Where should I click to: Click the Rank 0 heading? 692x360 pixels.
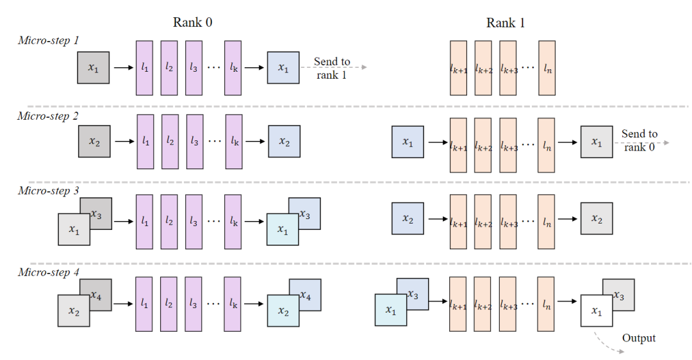pyautogui.click(x=192, y=22)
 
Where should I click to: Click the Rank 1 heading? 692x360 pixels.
pyautogui.click(x=505, y=23)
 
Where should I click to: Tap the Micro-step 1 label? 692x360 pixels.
pyautogui.click(x=49, y=40)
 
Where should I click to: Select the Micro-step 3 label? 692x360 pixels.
pyautogui.click(x=49, y=190)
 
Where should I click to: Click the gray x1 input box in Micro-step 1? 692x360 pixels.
pyautogui.click(x=94, y=67)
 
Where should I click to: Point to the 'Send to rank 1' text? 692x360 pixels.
pyautogui.click(x=332, y=68)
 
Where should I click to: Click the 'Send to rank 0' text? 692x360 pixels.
pyautogui.click(x=639, y=140)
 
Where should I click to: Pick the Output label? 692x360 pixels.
pyautogui.click(x=639, y=338)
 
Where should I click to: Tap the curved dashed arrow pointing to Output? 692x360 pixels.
pyautogui.click(x=607, y=342)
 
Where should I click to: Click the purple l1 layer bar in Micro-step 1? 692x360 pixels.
pyautogui.click(x=145, y=68)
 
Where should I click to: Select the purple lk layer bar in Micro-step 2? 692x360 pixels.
pyautogui.click(x=234, y=142)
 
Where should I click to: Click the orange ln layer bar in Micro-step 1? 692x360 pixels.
pyautogui.click(x=547, y=68)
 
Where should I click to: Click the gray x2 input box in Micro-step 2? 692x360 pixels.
pyautogui.click(x=94, y=142)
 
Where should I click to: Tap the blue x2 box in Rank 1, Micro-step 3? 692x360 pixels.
pyautogui.click(x=408, y=218)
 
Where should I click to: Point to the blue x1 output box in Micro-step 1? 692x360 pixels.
pyautogui.click(x=283, y=67)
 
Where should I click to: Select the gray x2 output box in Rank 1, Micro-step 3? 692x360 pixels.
pyautogui.click(x=597, y=219)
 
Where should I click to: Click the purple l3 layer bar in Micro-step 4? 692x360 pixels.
pyautogui.click(x=194, y=304)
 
